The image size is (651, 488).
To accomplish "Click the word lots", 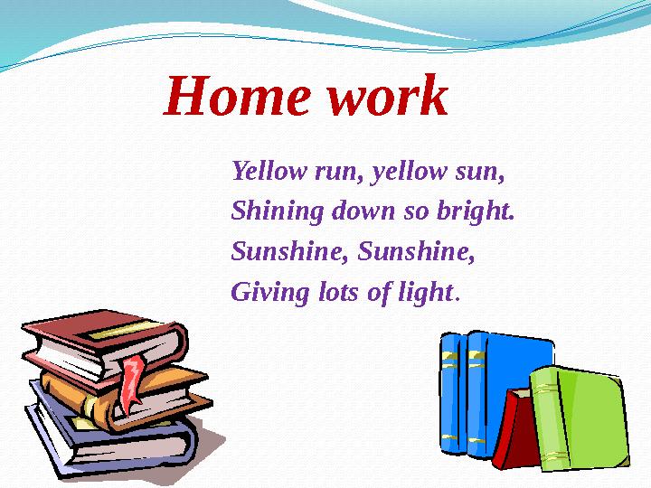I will coord(334,293).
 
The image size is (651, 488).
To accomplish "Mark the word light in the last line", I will coord(426,293).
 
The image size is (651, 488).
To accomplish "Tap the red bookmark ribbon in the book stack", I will coord(134,379).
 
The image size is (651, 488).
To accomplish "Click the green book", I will coord(579,411).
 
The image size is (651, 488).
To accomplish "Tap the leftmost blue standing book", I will coord(450,393).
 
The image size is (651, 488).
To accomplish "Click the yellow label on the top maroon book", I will coord(118,330).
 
